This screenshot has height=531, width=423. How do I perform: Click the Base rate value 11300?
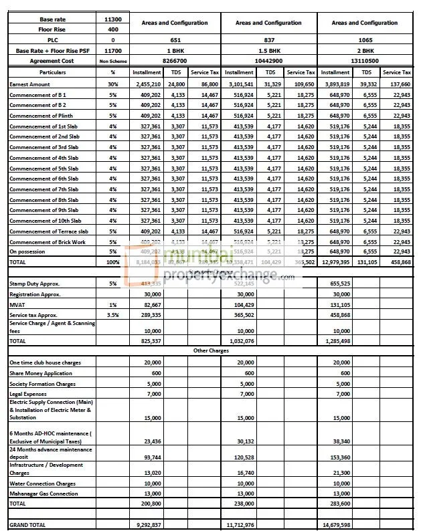[x=113, y=19]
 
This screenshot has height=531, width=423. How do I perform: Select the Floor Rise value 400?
[x=113, y=29]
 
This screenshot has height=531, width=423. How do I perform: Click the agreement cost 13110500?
[x=365, y=61]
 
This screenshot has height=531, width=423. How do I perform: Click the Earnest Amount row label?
[x=29, y=85]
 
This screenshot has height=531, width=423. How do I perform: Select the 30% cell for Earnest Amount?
[x=113, y=85]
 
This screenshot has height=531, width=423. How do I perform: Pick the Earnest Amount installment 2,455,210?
[x=147, y=85]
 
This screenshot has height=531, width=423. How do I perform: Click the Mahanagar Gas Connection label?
[x=44, y=494]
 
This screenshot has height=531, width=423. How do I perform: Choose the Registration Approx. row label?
[x=35, y=294]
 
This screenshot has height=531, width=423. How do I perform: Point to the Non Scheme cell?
[x=113, y=61]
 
